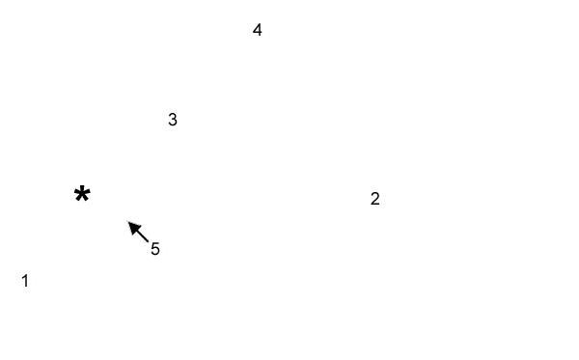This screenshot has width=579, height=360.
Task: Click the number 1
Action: (x=25, y=281)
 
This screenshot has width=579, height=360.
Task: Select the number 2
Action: (x=375, y=199)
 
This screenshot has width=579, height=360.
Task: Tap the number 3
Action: (x=173, y=120)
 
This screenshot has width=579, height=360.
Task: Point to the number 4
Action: (x=258, y=30)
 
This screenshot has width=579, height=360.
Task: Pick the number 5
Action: (x=155, y=249)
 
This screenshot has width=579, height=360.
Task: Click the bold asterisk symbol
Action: (x=82, y=195)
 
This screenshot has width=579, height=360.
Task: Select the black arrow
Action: (x=138, y=231)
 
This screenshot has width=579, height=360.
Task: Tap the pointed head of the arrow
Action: (x=131, y=224)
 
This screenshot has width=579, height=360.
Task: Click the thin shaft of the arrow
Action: (x=143, y=235)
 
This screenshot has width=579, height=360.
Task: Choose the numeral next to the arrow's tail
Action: (x=155, y=249)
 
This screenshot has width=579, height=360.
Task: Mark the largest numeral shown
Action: (x=155, y=249)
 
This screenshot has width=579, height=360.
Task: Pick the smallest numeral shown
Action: (x=25, y=281)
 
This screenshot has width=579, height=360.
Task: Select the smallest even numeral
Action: (x=375, y=199)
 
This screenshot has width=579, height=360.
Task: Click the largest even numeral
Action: (x=258, y=30)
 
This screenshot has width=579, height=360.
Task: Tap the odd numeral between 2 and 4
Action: (x=173, y=120)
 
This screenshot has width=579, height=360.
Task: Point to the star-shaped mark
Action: (x=82, y=195)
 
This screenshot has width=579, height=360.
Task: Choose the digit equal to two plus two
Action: (x=258, y=30)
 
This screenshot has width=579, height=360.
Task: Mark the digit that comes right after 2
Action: (x=173, y=120)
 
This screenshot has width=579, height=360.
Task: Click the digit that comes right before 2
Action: (x=25, y=281)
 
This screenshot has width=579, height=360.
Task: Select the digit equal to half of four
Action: (x=375, y=199)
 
